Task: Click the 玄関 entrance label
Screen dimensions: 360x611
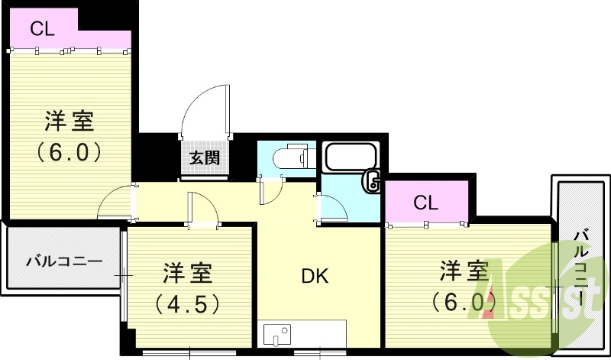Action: click(x=205, y=158)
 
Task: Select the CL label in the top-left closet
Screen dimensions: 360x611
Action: click(x=43, y=29)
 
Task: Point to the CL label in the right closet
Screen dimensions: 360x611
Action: click(x=425, y=203)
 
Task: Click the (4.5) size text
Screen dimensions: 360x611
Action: click(x=188, y=304)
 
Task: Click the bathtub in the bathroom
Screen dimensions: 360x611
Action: click(x=350, y=158)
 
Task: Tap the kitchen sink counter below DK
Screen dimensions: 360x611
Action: click(x=301, y=335)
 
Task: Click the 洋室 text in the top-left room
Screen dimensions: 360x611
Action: click(x=69, y=121)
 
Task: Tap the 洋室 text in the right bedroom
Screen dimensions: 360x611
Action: click(x=463, y=271)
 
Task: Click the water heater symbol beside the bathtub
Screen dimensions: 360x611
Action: click(x=373, y=181)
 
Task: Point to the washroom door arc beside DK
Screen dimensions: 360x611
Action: click(x=330, y=207)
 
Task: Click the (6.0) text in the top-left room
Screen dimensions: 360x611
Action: click(x=69, y=151)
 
